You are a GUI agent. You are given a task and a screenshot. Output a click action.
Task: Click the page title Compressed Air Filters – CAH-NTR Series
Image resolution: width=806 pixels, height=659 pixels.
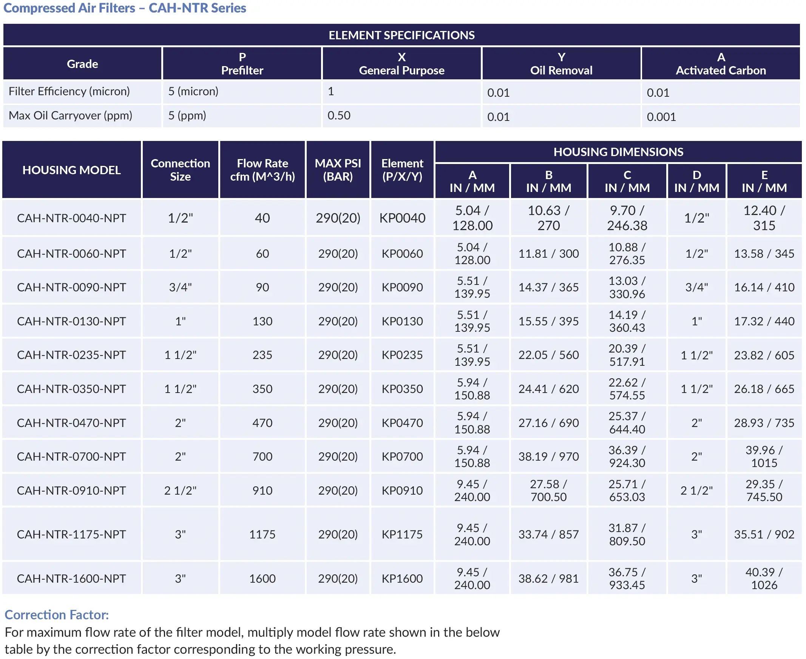point(125,8)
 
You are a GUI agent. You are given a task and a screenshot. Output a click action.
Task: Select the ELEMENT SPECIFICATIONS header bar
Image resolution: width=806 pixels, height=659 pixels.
point(401,35)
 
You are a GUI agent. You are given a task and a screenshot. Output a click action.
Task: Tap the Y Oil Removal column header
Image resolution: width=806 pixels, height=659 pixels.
point(561,64)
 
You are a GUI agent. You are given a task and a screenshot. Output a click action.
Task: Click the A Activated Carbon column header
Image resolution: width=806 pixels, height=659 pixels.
point(720,64)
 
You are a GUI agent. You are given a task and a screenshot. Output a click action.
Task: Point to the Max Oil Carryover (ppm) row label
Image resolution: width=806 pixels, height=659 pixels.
point(71,115)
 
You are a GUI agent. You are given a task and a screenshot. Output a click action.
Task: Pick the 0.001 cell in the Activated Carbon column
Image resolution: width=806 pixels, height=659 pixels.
point(661,117)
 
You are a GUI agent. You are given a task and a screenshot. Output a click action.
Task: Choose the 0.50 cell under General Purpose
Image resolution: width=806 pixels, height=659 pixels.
point(339,115)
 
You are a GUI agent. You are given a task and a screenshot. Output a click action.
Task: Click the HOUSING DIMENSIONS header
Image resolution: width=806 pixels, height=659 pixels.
point(618,152)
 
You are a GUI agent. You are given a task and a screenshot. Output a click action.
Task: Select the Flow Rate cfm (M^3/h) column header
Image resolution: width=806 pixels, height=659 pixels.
point(262,170)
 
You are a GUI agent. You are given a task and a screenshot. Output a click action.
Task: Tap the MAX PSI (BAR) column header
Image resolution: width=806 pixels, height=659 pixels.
point(338,170)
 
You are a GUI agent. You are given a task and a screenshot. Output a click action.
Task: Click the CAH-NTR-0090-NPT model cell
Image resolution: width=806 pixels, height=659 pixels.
point(71,287)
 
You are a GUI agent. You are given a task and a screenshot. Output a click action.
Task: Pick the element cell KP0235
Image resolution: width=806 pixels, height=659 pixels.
point(402,355)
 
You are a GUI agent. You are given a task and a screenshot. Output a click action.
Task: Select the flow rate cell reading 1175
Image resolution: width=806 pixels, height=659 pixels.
point(262,534)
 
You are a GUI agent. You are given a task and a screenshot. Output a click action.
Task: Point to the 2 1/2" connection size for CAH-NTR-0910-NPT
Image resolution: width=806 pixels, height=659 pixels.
point(180,490)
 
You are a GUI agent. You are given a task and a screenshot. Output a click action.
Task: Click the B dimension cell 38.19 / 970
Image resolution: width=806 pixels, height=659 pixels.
point(548,457)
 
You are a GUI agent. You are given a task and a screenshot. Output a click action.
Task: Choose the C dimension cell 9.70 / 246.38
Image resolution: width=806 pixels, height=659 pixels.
point(627,218)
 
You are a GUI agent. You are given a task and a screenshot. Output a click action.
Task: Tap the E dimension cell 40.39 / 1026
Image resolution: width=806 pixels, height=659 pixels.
point(764,579)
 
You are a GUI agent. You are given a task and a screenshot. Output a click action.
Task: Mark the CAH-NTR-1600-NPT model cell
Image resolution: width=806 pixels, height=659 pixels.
point(71,579)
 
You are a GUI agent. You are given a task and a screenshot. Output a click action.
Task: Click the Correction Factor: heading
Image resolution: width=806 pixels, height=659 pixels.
point(57,614)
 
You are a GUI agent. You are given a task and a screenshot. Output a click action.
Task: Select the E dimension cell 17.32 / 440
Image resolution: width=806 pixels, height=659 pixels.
point(764,321)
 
